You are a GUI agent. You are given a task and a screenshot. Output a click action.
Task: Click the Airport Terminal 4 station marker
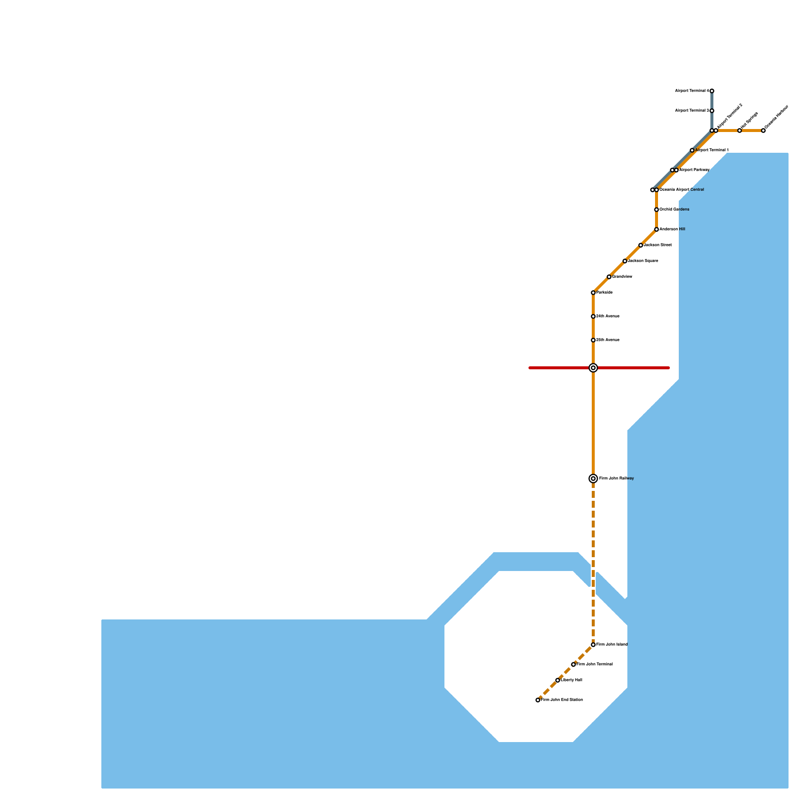[712, 91]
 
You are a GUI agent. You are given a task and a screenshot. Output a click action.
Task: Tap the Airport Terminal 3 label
[692, 111]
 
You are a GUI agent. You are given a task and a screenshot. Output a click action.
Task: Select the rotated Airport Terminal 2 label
[730, 116]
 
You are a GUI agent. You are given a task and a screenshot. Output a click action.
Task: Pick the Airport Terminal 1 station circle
[692, 150]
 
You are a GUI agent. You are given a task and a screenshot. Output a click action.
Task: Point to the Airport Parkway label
[694, 170]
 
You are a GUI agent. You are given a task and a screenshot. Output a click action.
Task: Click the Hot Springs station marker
[740, 131]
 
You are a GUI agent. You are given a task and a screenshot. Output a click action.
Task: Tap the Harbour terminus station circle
[763, 131]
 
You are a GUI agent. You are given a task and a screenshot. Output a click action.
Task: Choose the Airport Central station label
[682, 190]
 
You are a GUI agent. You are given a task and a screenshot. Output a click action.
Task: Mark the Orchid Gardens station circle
[657, 210]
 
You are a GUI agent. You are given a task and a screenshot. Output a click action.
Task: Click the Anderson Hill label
[672, 229]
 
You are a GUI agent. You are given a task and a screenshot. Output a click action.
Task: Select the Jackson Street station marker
[641, 245]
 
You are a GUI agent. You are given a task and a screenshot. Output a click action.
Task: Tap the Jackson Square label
[643, 261]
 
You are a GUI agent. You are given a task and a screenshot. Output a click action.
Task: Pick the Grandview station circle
[609, 277]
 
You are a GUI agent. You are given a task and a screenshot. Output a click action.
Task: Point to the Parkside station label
[604, 293]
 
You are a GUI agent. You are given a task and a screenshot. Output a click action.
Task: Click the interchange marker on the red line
[593, 368]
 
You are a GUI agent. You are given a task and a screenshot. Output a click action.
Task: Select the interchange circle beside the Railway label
[593, 479]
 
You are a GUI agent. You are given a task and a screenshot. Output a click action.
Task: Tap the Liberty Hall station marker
[558, 680]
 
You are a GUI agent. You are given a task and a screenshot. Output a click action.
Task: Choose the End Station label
[562, 700]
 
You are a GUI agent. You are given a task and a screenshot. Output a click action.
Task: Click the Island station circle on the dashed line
[593, 645]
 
